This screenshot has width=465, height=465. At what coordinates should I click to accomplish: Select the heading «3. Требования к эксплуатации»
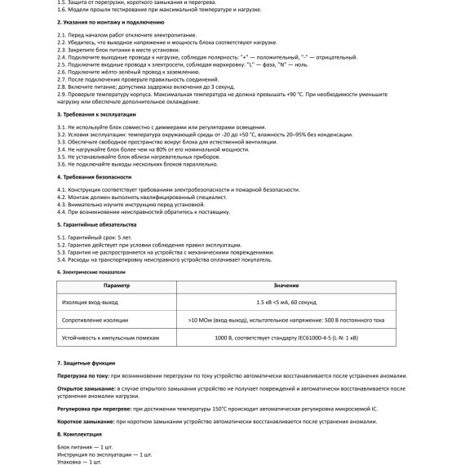coord(92,117)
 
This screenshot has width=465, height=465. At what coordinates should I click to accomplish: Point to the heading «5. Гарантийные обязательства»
coord(91,224)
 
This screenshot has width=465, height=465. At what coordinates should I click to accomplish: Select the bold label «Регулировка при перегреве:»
coord(94,408)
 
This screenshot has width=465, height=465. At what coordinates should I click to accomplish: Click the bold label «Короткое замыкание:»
coord(85,422)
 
